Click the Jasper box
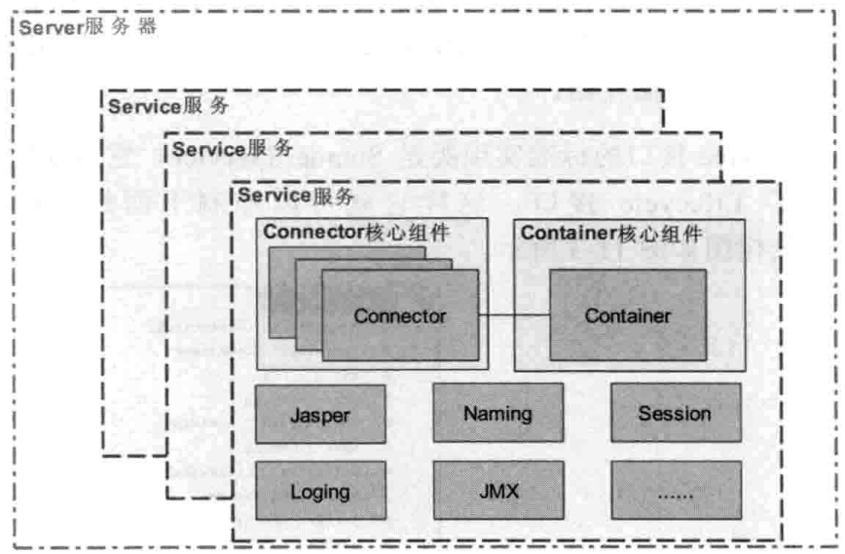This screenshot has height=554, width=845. (x=319, y=414)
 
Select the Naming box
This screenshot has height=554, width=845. (x=497, y=413)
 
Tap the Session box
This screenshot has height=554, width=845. (x=675, y=413)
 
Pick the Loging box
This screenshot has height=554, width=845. (x=319, y=491)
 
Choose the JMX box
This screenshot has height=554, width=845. (x=497, y=491)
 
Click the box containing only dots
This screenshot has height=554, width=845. (x=675, y=491)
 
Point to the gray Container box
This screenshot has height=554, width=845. (x=627, y=315)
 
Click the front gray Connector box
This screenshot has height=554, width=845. (x=400, y=315)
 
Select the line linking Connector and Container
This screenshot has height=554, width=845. (x=514, y=315)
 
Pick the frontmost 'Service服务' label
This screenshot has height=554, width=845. (x=296, y=196)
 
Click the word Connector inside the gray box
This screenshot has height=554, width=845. (x=400, y=315)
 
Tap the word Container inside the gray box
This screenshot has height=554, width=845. (x=627, y=315)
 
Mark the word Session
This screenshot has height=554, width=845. (x=675, y=413)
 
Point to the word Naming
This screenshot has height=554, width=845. (x=497, y=413)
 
